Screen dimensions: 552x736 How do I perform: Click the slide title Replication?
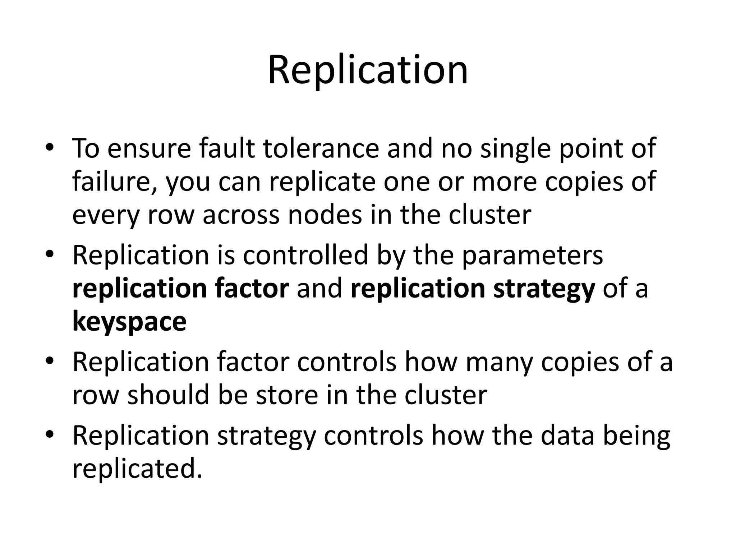click(x=368, y=70)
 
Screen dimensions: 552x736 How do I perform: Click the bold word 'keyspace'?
click(x=129, y=321)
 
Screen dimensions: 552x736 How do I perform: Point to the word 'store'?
click(x=286, y=395)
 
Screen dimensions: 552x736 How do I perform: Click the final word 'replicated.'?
click(x=137, y=469)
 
